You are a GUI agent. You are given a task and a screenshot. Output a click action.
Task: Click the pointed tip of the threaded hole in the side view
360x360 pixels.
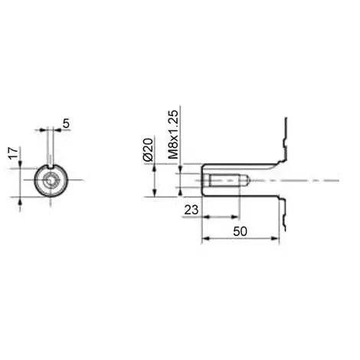click(244, 181)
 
